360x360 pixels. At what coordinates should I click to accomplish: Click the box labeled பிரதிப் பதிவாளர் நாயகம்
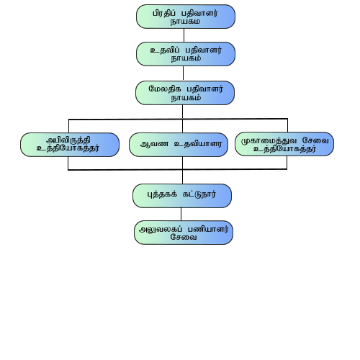coord(186,17)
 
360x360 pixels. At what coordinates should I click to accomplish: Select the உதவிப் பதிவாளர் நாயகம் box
coord(186,54)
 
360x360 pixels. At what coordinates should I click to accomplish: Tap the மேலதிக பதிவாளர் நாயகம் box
coord(185,93)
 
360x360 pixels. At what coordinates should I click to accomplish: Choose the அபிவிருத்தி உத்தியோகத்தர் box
coord(70,145)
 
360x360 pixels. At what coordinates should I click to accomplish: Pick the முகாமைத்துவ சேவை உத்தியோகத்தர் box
coord(284,144)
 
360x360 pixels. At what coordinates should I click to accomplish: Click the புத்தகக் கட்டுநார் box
coord(182,196)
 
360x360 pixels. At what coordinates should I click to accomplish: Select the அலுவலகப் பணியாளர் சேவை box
coord(184,233)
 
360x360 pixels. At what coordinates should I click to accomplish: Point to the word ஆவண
coord(154,144)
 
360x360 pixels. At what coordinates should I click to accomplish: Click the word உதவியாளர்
coord(198,144)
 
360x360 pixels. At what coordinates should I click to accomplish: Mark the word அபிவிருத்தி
coord(68,140)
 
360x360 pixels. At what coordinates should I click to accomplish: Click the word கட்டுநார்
coord(199,194)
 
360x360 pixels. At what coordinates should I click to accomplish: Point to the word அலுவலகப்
coord(161,229)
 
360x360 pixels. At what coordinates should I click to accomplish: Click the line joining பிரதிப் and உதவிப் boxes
coord(184,35)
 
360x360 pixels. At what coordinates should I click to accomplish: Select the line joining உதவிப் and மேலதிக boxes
coord(184,73)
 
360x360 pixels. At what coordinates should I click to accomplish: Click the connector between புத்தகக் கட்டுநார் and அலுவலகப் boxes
coord(181,214)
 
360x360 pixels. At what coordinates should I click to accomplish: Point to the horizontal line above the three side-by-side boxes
coord(178,119)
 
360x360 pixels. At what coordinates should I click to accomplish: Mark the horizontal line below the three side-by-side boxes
coord(178,169)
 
